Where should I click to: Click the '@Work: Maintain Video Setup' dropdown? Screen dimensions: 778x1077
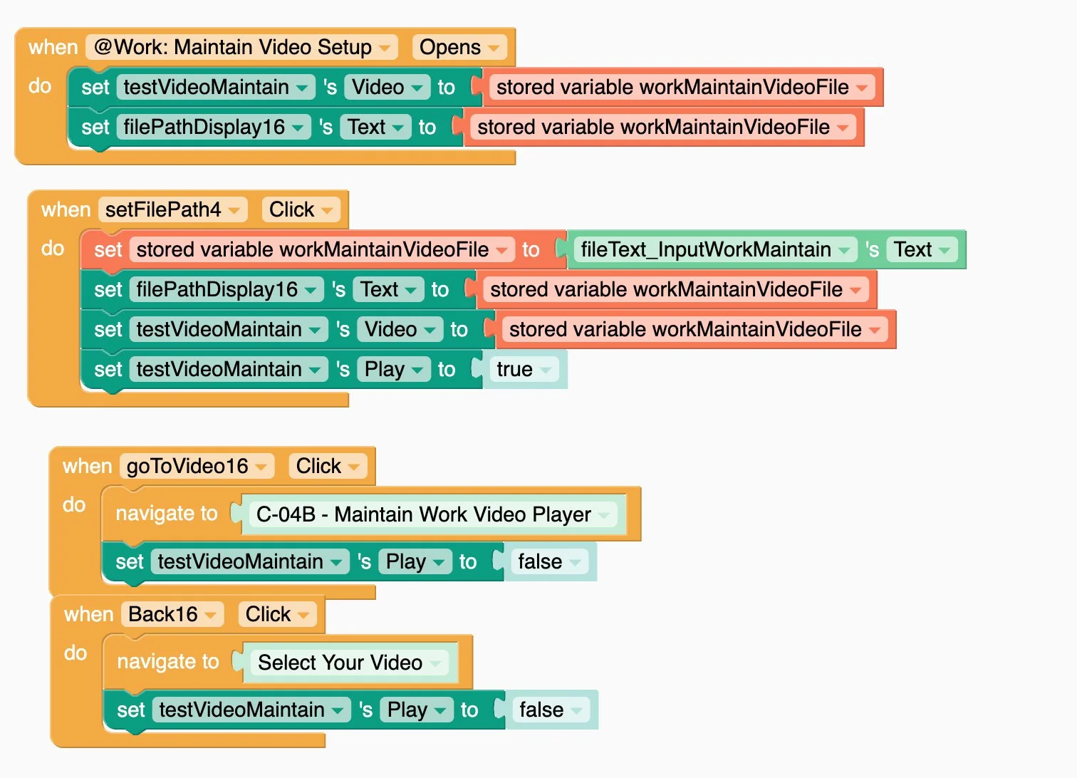click(x=241, y=48)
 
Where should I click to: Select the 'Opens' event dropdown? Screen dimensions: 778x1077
click(x=459, y=48)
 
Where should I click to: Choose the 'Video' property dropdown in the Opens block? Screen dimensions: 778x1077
click(x=387, y=88)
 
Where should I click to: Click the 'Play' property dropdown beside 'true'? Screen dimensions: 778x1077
click(x=393, y=370)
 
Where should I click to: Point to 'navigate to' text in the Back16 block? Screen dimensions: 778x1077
click(x=168, y=662)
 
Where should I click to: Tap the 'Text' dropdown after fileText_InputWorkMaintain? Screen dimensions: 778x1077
click(x=922, y=250)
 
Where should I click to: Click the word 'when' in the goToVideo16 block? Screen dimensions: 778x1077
click(x=87, y=467)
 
